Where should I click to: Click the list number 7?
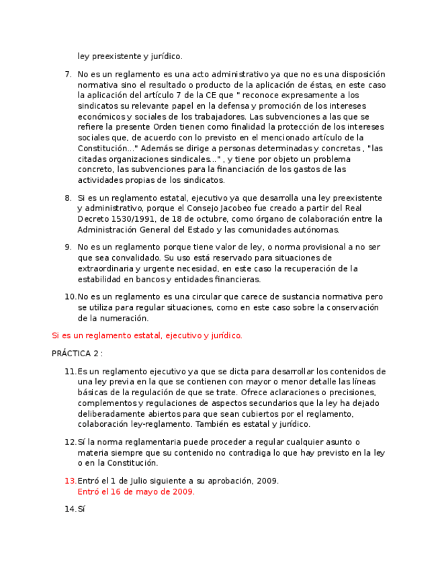68,75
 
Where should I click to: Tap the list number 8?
68,198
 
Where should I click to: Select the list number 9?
68,247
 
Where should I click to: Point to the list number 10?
71,296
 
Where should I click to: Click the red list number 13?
71,481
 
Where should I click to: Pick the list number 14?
71,509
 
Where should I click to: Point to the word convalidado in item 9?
136,257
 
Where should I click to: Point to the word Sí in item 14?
82,509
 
